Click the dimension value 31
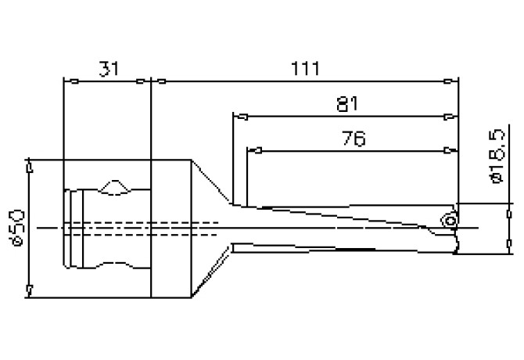[109, 69]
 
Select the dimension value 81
[344, 104]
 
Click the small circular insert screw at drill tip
[449, 221]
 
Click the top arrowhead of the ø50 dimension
[29, 167]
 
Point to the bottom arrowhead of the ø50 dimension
[29, 290]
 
